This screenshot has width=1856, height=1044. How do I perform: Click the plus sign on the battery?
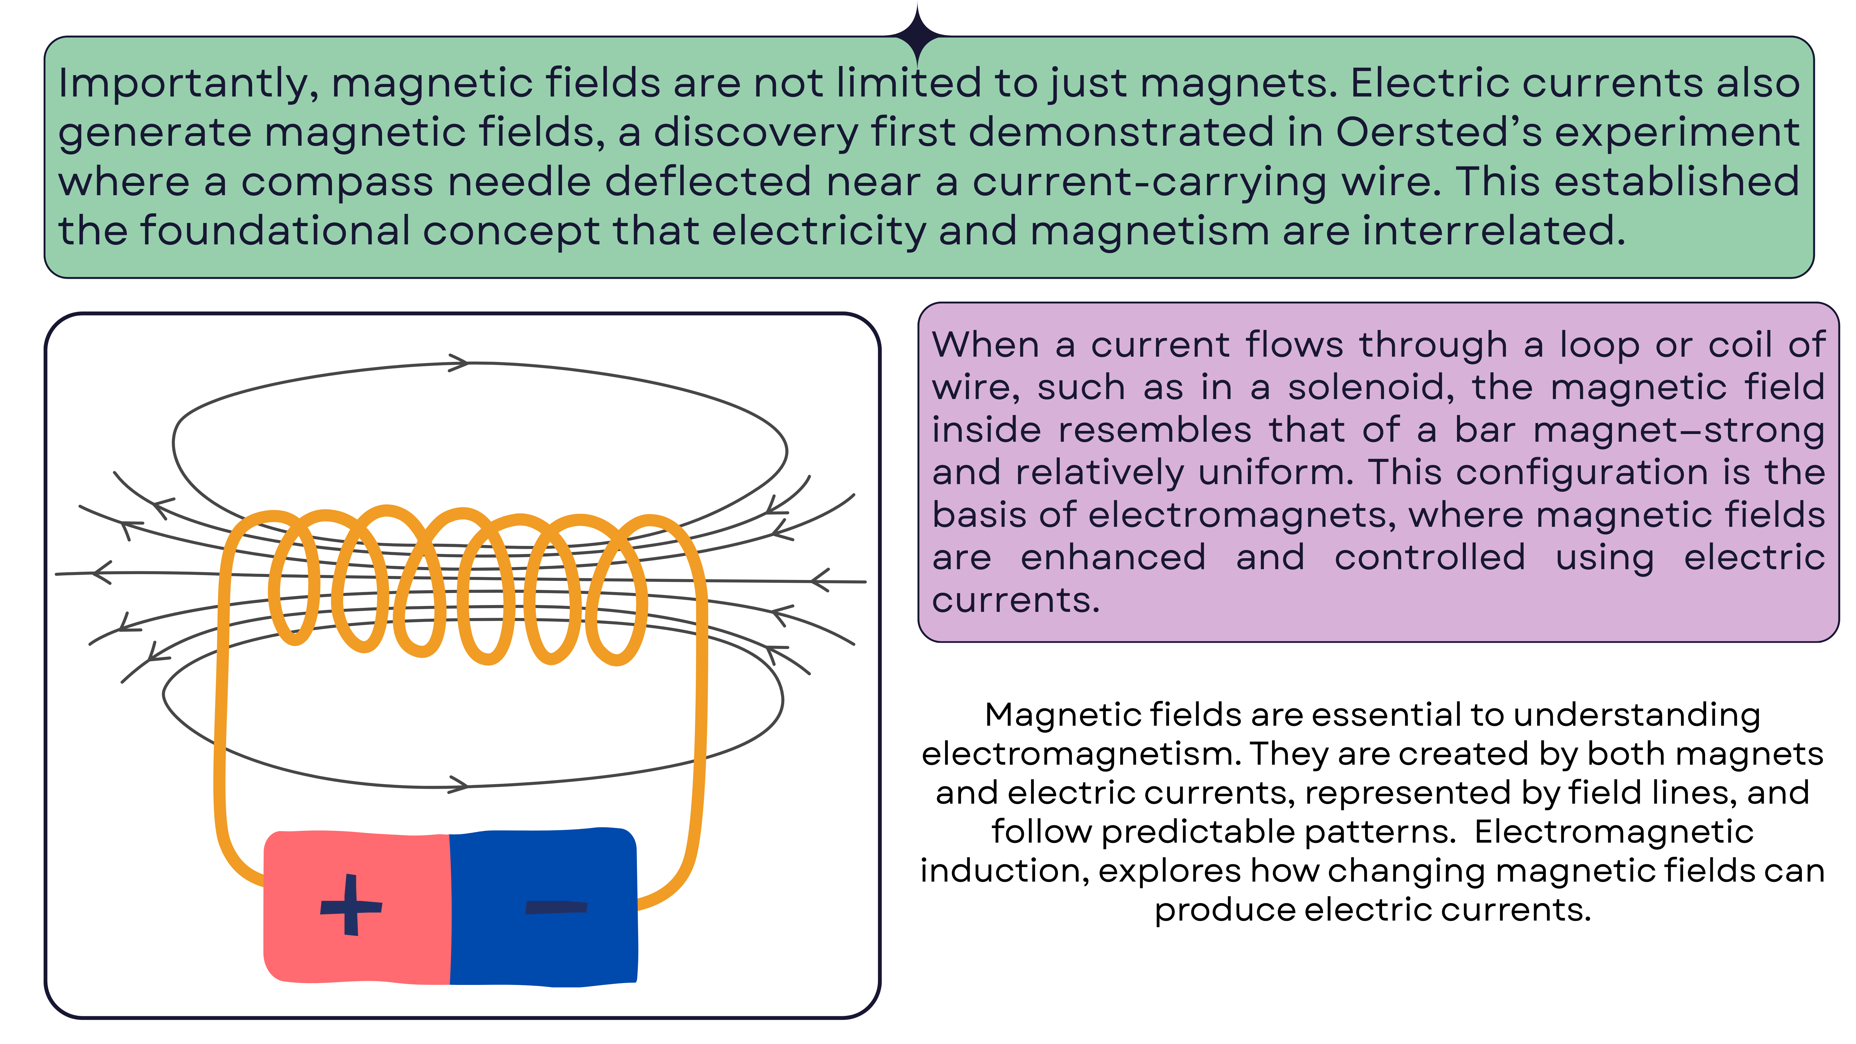point(351,906)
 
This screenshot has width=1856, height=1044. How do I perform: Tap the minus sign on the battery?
point(556,907)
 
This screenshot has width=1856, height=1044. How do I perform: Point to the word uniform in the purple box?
point(1275,473)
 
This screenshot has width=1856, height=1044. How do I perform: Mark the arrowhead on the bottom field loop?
point(458,784)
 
